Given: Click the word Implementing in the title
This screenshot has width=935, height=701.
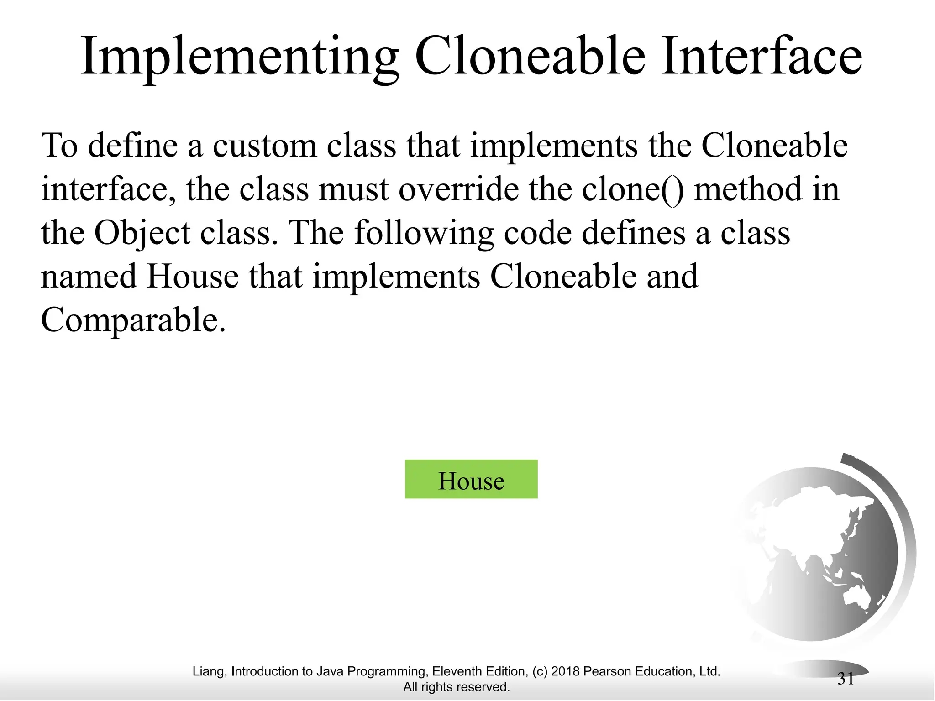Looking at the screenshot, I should coord(240,57).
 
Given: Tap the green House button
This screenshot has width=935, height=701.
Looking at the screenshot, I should coord(471,479).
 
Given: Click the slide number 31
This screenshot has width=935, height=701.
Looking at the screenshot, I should coord(846,679).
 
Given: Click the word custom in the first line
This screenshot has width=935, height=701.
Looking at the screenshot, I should coord(264,146).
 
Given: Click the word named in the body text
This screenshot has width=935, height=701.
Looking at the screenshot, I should coord(89,277).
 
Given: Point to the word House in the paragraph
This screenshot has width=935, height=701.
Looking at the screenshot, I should coord(193,277).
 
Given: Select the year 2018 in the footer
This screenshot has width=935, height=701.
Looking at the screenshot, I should coord(565,671).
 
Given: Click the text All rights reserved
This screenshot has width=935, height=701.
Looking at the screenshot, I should coord(456,687).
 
